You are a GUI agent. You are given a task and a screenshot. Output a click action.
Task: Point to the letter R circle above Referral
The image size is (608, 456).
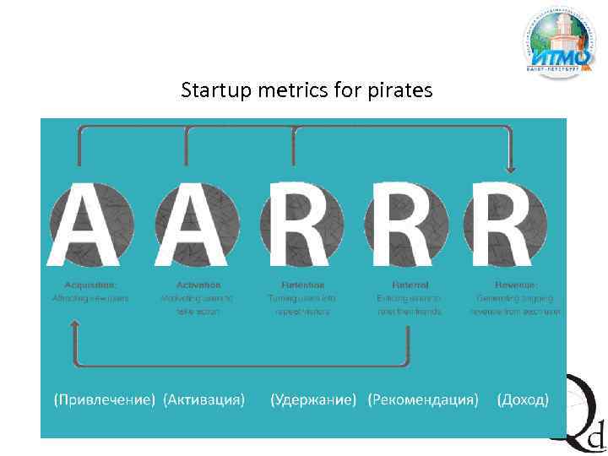coord(410,223)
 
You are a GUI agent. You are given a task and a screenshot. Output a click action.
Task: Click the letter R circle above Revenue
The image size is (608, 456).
coord(515,223)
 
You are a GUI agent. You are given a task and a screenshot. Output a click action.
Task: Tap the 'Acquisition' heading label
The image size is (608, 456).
coord(90,285)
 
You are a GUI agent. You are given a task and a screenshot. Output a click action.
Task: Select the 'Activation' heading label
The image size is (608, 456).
coord(198,285)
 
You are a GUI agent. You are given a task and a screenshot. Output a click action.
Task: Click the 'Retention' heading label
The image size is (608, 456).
coord(302,285)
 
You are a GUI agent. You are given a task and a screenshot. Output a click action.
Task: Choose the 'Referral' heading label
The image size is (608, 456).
coord(410,285)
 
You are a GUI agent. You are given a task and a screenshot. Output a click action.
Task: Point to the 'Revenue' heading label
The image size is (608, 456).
coord(515,285)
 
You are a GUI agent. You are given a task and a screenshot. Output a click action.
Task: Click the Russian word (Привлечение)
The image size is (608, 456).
coord(101,399)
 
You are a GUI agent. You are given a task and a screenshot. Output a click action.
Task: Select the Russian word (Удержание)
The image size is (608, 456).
coord(313,399)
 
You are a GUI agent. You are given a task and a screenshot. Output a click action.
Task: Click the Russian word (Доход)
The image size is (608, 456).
coord(523,399)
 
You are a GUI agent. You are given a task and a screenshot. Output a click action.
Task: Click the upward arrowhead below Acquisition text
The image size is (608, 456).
coord(76,325)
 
